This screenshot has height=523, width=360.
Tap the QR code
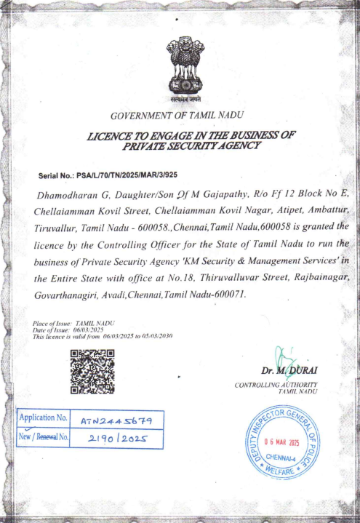(92, 371)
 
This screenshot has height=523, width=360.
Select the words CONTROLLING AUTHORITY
(276, 384)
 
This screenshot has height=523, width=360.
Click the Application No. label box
(43, 419)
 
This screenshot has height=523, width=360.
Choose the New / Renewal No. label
(43, 438)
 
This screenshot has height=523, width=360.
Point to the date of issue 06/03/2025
(91, 330)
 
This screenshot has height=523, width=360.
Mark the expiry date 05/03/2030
(157, 336)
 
